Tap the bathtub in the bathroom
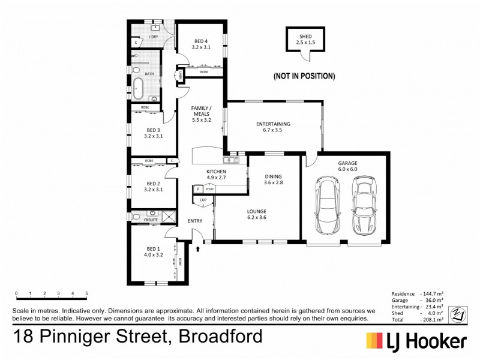pos(138,86)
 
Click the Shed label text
pos(306,40)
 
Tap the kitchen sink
pos(231,160)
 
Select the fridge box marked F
pos(197,189)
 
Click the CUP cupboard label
pos(203,199)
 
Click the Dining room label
pos(272,179)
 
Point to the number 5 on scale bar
pos(87,294)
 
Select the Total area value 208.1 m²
pos(431,319)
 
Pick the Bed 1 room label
pos(154,252)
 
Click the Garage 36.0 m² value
pos(432,299)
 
